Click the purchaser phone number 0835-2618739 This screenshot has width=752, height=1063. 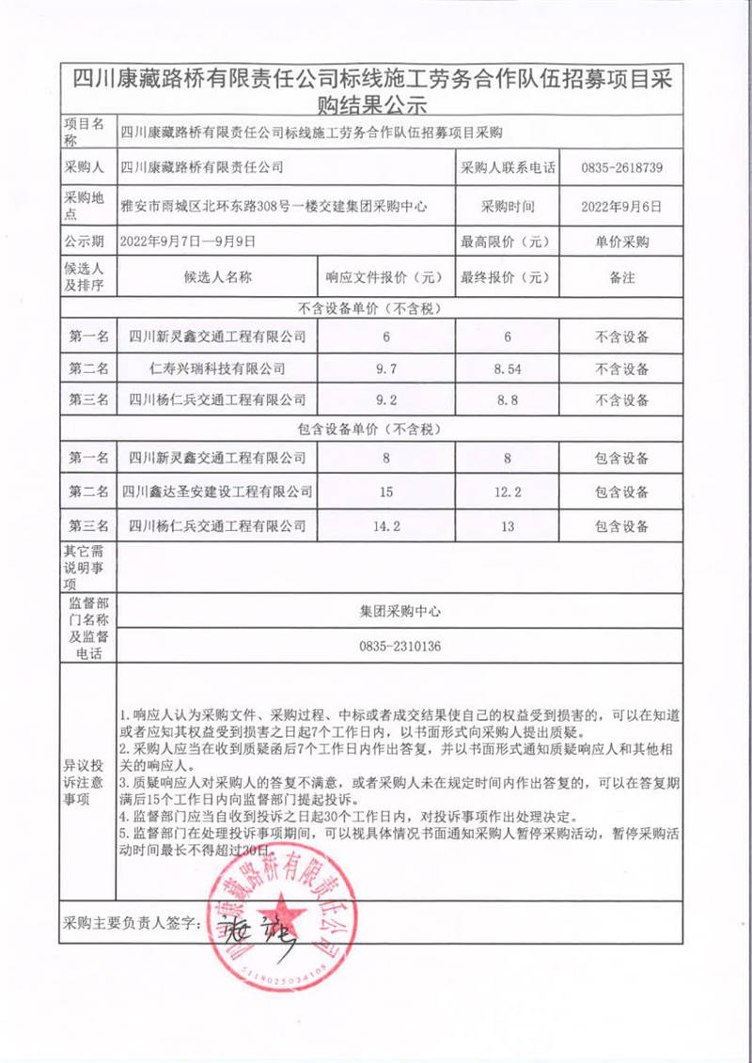tap(622, 169)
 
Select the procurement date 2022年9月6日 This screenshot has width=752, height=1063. tap(622, 205)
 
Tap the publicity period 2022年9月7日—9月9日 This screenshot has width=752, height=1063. tap(188, 242)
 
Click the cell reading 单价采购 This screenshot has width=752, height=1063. tap(622, 242)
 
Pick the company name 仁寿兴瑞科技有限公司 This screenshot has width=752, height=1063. tap(217, 368)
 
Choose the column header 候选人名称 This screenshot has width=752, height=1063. tap(217, 278)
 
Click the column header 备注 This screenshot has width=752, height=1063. tap(622, 278)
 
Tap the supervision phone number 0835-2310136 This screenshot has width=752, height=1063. tap(399, 646)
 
